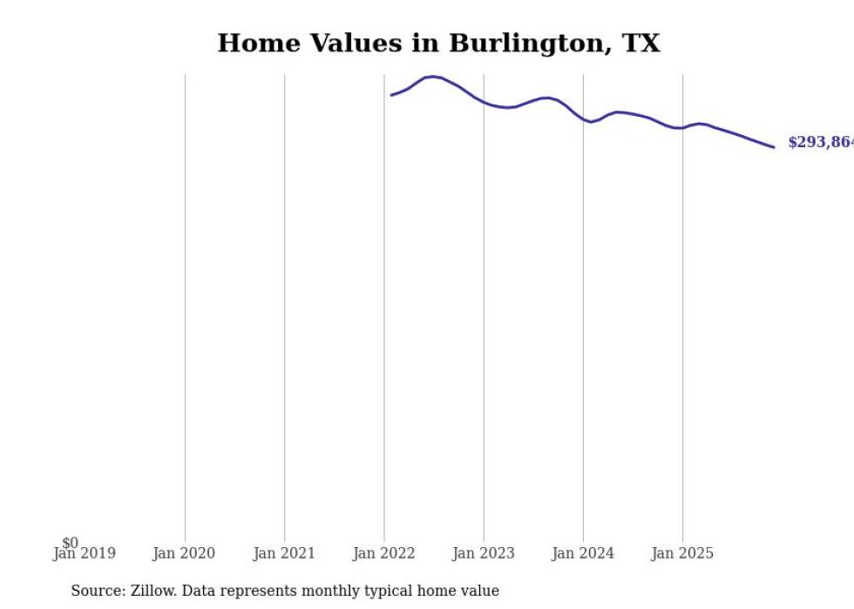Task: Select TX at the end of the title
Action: click(640, 44)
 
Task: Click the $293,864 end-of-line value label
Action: click(820, 143)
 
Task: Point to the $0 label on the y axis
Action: click(70, 544)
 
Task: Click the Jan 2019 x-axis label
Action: click(84, 553)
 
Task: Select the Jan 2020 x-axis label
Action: click(184, 553)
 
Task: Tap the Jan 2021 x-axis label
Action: click(284, 553)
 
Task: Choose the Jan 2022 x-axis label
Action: click(384, 553)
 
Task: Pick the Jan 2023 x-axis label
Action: click(484, 553)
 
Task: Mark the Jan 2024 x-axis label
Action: click(583, 553)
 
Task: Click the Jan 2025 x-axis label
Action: click(682, 553)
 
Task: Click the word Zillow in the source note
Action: click(153, 591)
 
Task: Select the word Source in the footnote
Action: click(98, 591)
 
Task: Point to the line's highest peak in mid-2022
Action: click(433, 77)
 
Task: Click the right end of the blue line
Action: click(774, 147)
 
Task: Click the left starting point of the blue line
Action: click(391, 95)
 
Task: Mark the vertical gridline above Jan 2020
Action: click(185, 305)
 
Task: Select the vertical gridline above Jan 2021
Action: click(284, 305)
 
